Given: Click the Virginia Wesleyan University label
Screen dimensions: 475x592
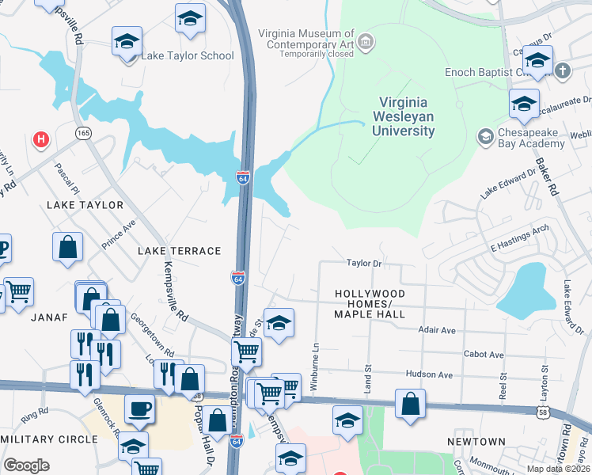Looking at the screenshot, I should (x=403, y=116).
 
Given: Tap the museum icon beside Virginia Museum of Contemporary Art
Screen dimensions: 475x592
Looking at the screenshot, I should (x=366, y=41).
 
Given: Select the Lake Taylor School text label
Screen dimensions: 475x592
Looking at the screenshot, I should (x=188, y=56).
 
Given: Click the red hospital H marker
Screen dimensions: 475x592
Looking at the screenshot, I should (x=41, y=139).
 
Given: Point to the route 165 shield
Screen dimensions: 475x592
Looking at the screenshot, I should (x=83, y=133).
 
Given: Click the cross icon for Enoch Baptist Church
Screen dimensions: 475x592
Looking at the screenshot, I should (x=563, y=71).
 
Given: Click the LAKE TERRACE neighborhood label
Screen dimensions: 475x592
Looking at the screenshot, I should (x=179, y=251).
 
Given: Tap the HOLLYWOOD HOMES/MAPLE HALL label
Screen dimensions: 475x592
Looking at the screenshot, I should (x=370, y=304).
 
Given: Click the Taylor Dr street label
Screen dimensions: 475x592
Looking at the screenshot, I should (x=364, y=263).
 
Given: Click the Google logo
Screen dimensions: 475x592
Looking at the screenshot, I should (x=26, y=465).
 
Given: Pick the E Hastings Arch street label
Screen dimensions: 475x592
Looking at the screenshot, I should (x=519, y=239).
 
